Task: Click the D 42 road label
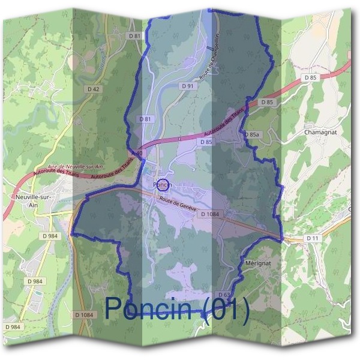pyautogui.click(x=93, y=89)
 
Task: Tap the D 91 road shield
pyautogui.click(x=188, y=86)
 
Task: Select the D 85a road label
pyautogui.click(x=253, y=135)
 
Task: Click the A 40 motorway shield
pyautogui.click(x=138, y=154)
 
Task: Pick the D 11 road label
pyautogui.click(x=312, y=238)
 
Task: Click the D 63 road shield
pyautogui.click(x=224, y=295)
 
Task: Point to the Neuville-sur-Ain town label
pyautogui.click(x=31, y=200)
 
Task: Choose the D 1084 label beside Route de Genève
pyautogui.click(x=212, y=214)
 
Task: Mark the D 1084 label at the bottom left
pyautogui.click(x=85, y=315)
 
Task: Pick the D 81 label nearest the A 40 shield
pyautogui.click(x=145, y=119)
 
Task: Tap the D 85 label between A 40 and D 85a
pyautogui.click(x=205, y=142)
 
